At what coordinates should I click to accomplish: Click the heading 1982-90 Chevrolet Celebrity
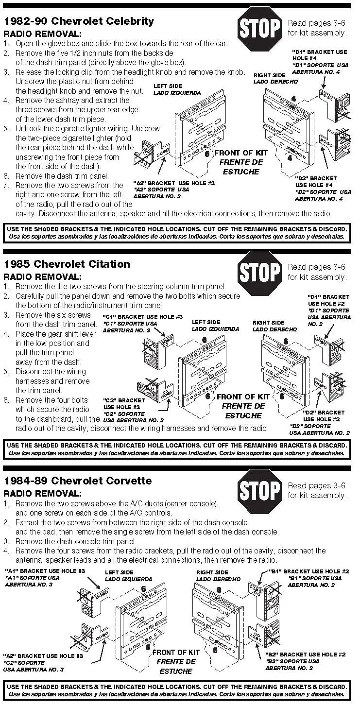coord(79,21)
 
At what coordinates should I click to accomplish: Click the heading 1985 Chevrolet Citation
coord(67,264)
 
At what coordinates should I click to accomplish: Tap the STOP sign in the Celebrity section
coord(259,28)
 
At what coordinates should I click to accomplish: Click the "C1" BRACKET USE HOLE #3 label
coord(143,317)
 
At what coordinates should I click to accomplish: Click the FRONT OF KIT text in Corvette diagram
coord(176,653)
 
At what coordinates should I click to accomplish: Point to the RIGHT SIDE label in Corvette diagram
coord(212,572)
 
